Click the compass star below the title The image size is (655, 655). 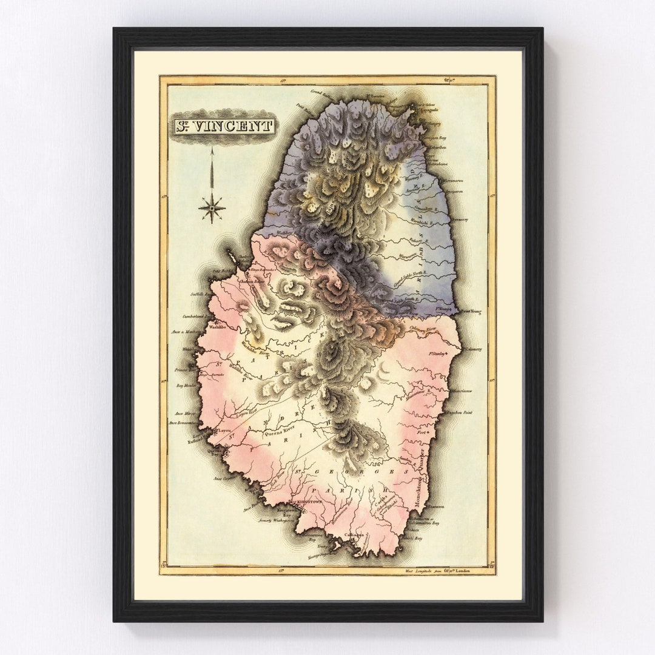pos(212,208)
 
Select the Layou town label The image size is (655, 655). pos(224,430)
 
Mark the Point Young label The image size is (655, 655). pos(470,312)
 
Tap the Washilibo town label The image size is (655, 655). pos(217,326)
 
